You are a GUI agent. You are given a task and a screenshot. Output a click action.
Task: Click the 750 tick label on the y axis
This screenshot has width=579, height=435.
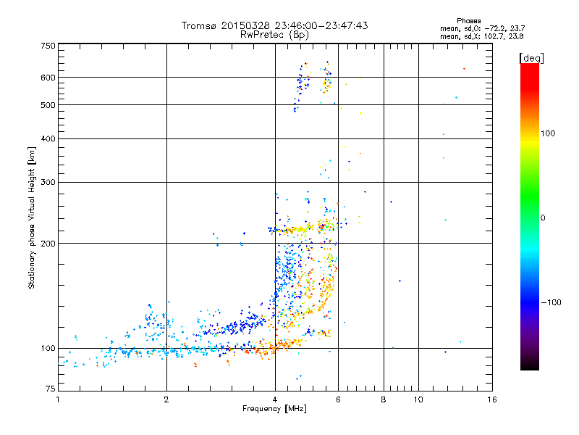click(48, 45)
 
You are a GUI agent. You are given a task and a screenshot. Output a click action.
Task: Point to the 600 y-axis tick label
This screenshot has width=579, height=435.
click(48, 78)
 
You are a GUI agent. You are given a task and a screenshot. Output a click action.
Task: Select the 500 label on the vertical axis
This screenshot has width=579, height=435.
click(48, 105)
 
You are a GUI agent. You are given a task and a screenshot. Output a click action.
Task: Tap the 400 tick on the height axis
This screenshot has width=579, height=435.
click(48, 138)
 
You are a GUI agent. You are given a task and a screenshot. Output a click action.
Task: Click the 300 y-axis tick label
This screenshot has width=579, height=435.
click(48, 182)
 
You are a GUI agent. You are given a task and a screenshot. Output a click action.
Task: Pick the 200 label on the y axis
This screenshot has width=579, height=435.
click(48, 244)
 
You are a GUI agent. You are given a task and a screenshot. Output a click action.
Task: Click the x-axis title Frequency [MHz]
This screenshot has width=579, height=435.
click(274, 409)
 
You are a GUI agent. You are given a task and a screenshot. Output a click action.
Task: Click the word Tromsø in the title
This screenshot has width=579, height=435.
click(199, 26)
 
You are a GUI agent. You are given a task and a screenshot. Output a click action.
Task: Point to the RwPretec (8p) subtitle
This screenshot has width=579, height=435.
click(274, 34)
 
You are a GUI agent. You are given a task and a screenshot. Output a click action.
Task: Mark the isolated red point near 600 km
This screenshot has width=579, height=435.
click(465, 69)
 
